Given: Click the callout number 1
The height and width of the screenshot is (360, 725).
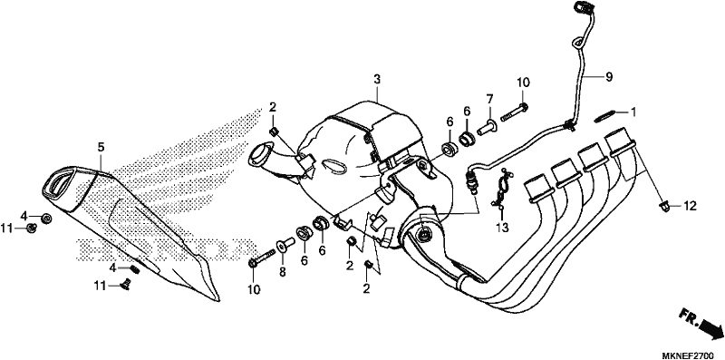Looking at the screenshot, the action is [x=633, y=112].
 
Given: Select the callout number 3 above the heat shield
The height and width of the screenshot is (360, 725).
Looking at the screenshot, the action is [x=377, y=79].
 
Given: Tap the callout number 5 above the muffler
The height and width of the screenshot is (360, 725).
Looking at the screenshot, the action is [x=101, y=147].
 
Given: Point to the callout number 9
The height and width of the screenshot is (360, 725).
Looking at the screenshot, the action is [x=609, y=77].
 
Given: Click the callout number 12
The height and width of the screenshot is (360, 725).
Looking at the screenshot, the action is [x=690, y=206].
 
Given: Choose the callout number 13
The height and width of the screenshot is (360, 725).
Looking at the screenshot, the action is [x=503, y=228].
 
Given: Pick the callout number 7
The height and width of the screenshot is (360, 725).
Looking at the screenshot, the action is [x=489, y=99].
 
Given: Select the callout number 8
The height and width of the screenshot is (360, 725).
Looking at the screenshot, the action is [x=282, y=273].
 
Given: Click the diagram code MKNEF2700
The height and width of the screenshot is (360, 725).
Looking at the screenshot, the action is [x=688, y=355].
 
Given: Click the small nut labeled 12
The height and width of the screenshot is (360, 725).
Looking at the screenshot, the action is [x=664, y=207].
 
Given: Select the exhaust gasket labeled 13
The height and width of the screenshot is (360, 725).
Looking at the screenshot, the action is [x=501, y=189].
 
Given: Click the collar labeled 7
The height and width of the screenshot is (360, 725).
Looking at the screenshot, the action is [x=487, y=128].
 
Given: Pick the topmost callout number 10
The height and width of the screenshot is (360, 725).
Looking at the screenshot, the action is [x=523, y=83].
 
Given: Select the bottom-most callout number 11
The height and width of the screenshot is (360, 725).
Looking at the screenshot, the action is [x=101, y=286].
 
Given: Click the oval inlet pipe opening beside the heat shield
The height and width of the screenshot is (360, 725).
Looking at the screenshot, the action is [x=260, y=155].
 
